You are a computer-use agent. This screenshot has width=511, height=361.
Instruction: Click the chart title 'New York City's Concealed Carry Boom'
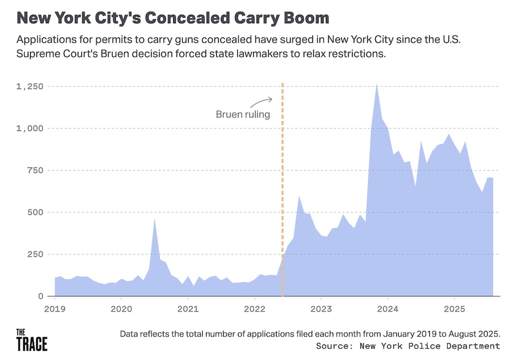(x=173, y=18)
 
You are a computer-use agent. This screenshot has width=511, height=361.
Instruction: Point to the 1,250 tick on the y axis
(x=30, y=86)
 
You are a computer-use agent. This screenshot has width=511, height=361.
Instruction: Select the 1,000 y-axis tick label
(x=30, y=128)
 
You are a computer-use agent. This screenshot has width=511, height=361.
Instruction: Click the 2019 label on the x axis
(x=55, y=310)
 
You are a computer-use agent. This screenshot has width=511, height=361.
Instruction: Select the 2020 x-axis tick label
(x=122, y=310)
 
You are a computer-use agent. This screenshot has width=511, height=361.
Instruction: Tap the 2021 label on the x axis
(x=188, y=310)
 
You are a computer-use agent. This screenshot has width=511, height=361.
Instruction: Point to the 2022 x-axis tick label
(x=254, y=310)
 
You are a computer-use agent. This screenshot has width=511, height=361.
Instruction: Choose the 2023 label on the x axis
(x=321, y=310)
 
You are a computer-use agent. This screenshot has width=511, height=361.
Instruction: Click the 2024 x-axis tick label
(x=387, y=310)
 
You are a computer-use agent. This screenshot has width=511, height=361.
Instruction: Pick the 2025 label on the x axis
(x=454, y=310)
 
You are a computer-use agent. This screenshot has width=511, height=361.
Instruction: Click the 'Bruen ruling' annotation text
(x=242, y=114)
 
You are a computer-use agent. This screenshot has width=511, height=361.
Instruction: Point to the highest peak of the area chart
(x=376, y=85)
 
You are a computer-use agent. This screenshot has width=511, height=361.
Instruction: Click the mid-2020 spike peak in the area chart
(x=154, y=219)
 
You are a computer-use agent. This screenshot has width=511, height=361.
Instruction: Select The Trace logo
(x=31, y=339)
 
